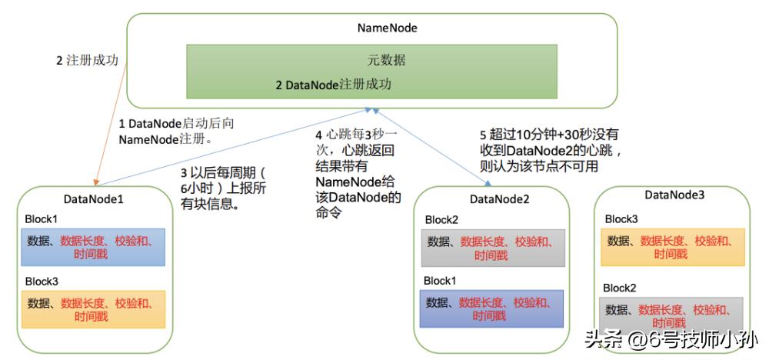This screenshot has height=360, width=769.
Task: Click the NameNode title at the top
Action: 387,28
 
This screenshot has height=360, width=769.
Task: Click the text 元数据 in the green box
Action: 385,60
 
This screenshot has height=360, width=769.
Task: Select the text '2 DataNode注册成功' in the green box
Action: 333,85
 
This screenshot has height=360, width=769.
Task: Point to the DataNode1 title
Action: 95,199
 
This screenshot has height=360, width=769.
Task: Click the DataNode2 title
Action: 499,199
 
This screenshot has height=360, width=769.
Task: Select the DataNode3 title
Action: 674,195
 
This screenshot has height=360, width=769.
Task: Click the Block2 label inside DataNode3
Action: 620,288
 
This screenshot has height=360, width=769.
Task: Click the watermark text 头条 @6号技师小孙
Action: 671,339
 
